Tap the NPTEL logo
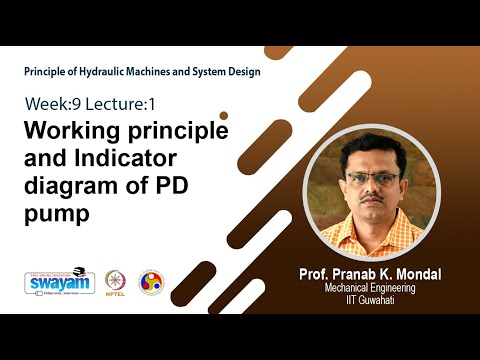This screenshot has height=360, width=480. pos(117,284)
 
